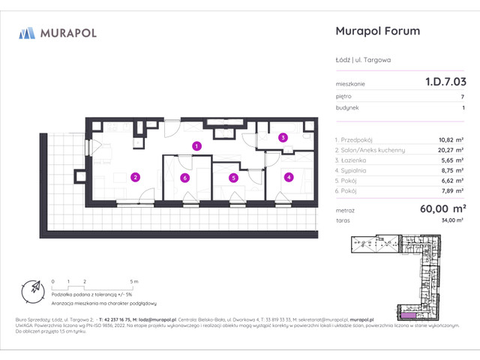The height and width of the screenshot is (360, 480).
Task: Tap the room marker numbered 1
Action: pos(196,146)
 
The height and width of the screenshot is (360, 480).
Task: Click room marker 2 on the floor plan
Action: pos(135,178)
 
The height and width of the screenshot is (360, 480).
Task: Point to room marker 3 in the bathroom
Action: pos(283,137)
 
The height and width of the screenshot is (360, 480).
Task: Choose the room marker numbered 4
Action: pos(288,178)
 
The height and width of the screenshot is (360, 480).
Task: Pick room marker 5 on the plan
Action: pos(234,178)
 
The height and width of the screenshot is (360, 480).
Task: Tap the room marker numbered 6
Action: pos(184,178)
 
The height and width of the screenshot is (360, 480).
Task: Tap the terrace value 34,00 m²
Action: pos(452,222)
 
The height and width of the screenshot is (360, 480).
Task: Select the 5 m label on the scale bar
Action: pos(133,280)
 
